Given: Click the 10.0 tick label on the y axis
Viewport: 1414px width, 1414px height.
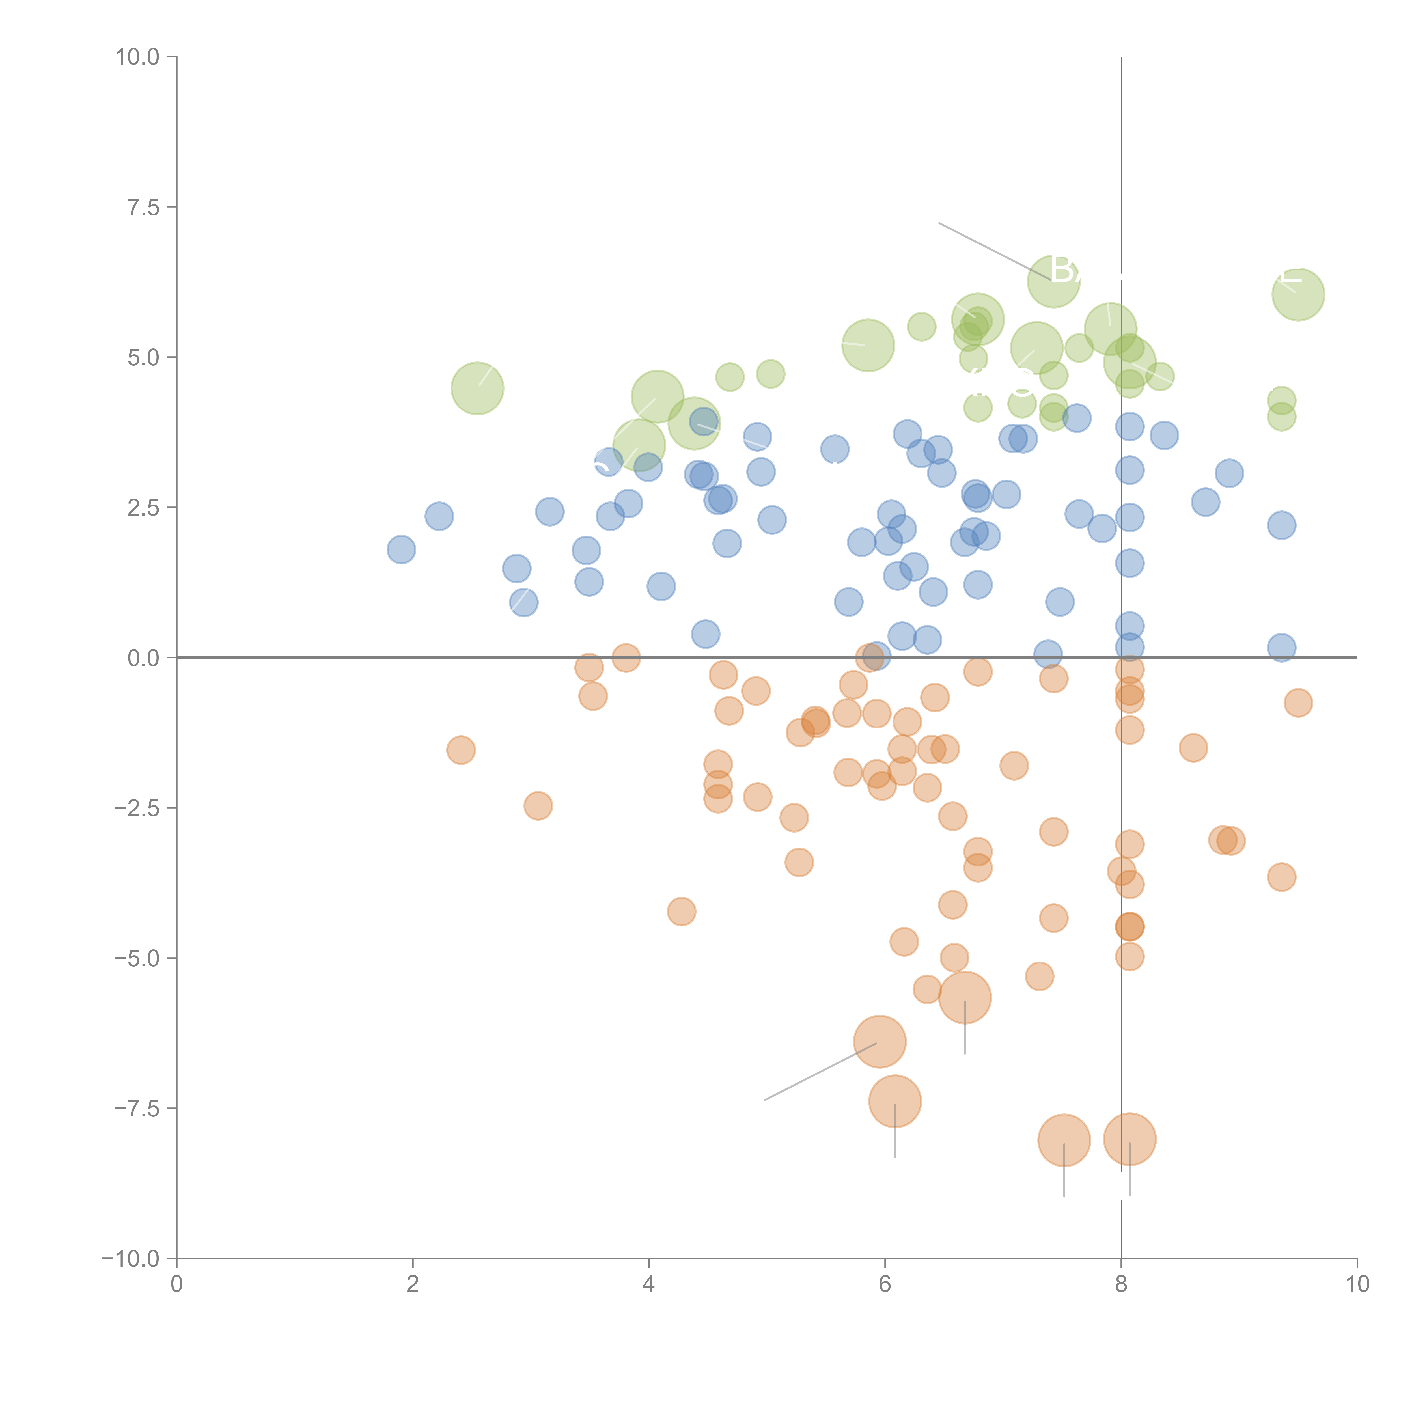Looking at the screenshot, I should pyautogui.click(x=138, y=57).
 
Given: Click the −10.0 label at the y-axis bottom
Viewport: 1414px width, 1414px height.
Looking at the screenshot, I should pyautogui.click(x=132, y=1259).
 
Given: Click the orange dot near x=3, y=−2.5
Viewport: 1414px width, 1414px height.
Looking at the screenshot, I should pyautogui.click(x=538, y=806).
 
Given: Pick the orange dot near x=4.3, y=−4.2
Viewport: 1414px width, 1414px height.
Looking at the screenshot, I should pyautogui.click(x=681, y=911).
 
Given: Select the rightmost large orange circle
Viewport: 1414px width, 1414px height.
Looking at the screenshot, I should pyautogui.click(x=1129, y=1140).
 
